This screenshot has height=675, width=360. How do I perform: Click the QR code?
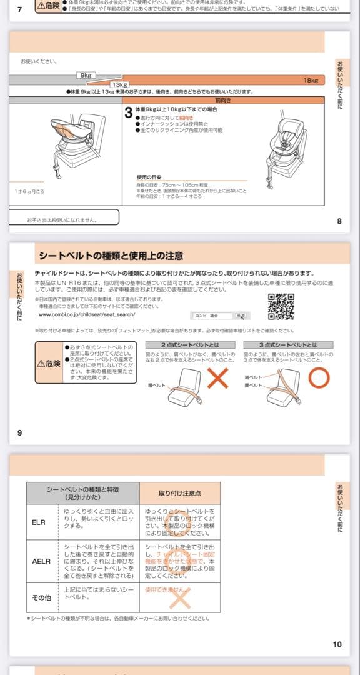[x=281, y=306]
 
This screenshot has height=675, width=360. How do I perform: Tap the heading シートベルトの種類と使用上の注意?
[x=111, y=256]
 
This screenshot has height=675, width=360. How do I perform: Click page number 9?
[x=19, y=432]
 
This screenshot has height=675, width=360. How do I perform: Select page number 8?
[x=339, y=221]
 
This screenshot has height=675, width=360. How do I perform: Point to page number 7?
[x=19, y=9]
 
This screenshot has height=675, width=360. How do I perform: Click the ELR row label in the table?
[x=39, y=521]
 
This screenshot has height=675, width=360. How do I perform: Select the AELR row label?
[x=41, y=561]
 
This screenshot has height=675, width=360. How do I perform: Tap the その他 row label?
[x=41, y=597]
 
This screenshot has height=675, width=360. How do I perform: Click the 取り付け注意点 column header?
[x=179, y=493]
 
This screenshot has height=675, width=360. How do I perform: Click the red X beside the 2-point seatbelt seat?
[x=217, y=378]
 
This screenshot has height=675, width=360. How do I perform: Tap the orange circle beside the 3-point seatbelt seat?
[x=319, y=377]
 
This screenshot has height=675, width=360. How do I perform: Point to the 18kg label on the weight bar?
[x=311, y=81]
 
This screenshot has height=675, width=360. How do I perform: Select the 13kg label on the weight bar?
[x=119, y=84]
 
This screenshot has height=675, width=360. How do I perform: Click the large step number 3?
[x=129, y=112]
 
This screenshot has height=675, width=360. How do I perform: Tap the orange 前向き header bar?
[x=223, y=99]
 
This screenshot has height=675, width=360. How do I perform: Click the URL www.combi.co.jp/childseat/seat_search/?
[x=87, y=315]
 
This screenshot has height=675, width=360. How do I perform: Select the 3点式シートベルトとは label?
[x=288, y=345]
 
